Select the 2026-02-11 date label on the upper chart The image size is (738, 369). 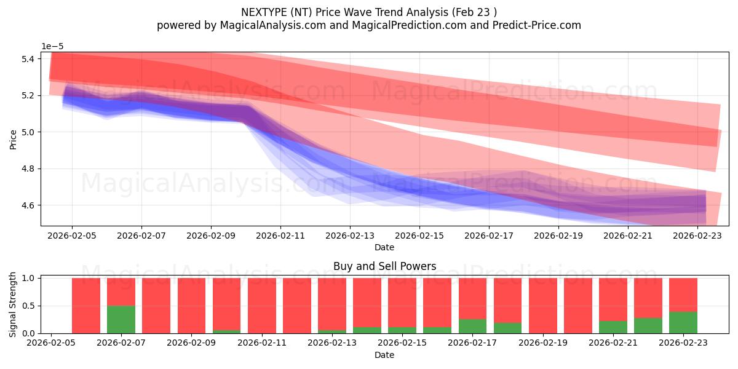click(x=280, y=235)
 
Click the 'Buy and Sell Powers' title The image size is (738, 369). click(x=384, y=266)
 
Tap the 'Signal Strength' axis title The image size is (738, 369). click(x=13, y=305)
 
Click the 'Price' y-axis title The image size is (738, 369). click(x=13, y=139)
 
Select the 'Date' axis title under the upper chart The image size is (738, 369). click(x=384, y=247)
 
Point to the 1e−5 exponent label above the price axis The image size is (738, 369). click(x=52, y=47)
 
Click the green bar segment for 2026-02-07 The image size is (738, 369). click(x=121, y=320)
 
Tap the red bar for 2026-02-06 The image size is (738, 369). click(x=86, y=306)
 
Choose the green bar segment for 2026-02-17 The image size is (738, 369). click(x=472, y=326)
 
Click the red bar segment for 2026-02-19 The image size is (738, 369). click(x=542, y=306)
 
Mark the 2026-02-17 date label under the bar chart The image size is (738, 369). click(x=473, y=343)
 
